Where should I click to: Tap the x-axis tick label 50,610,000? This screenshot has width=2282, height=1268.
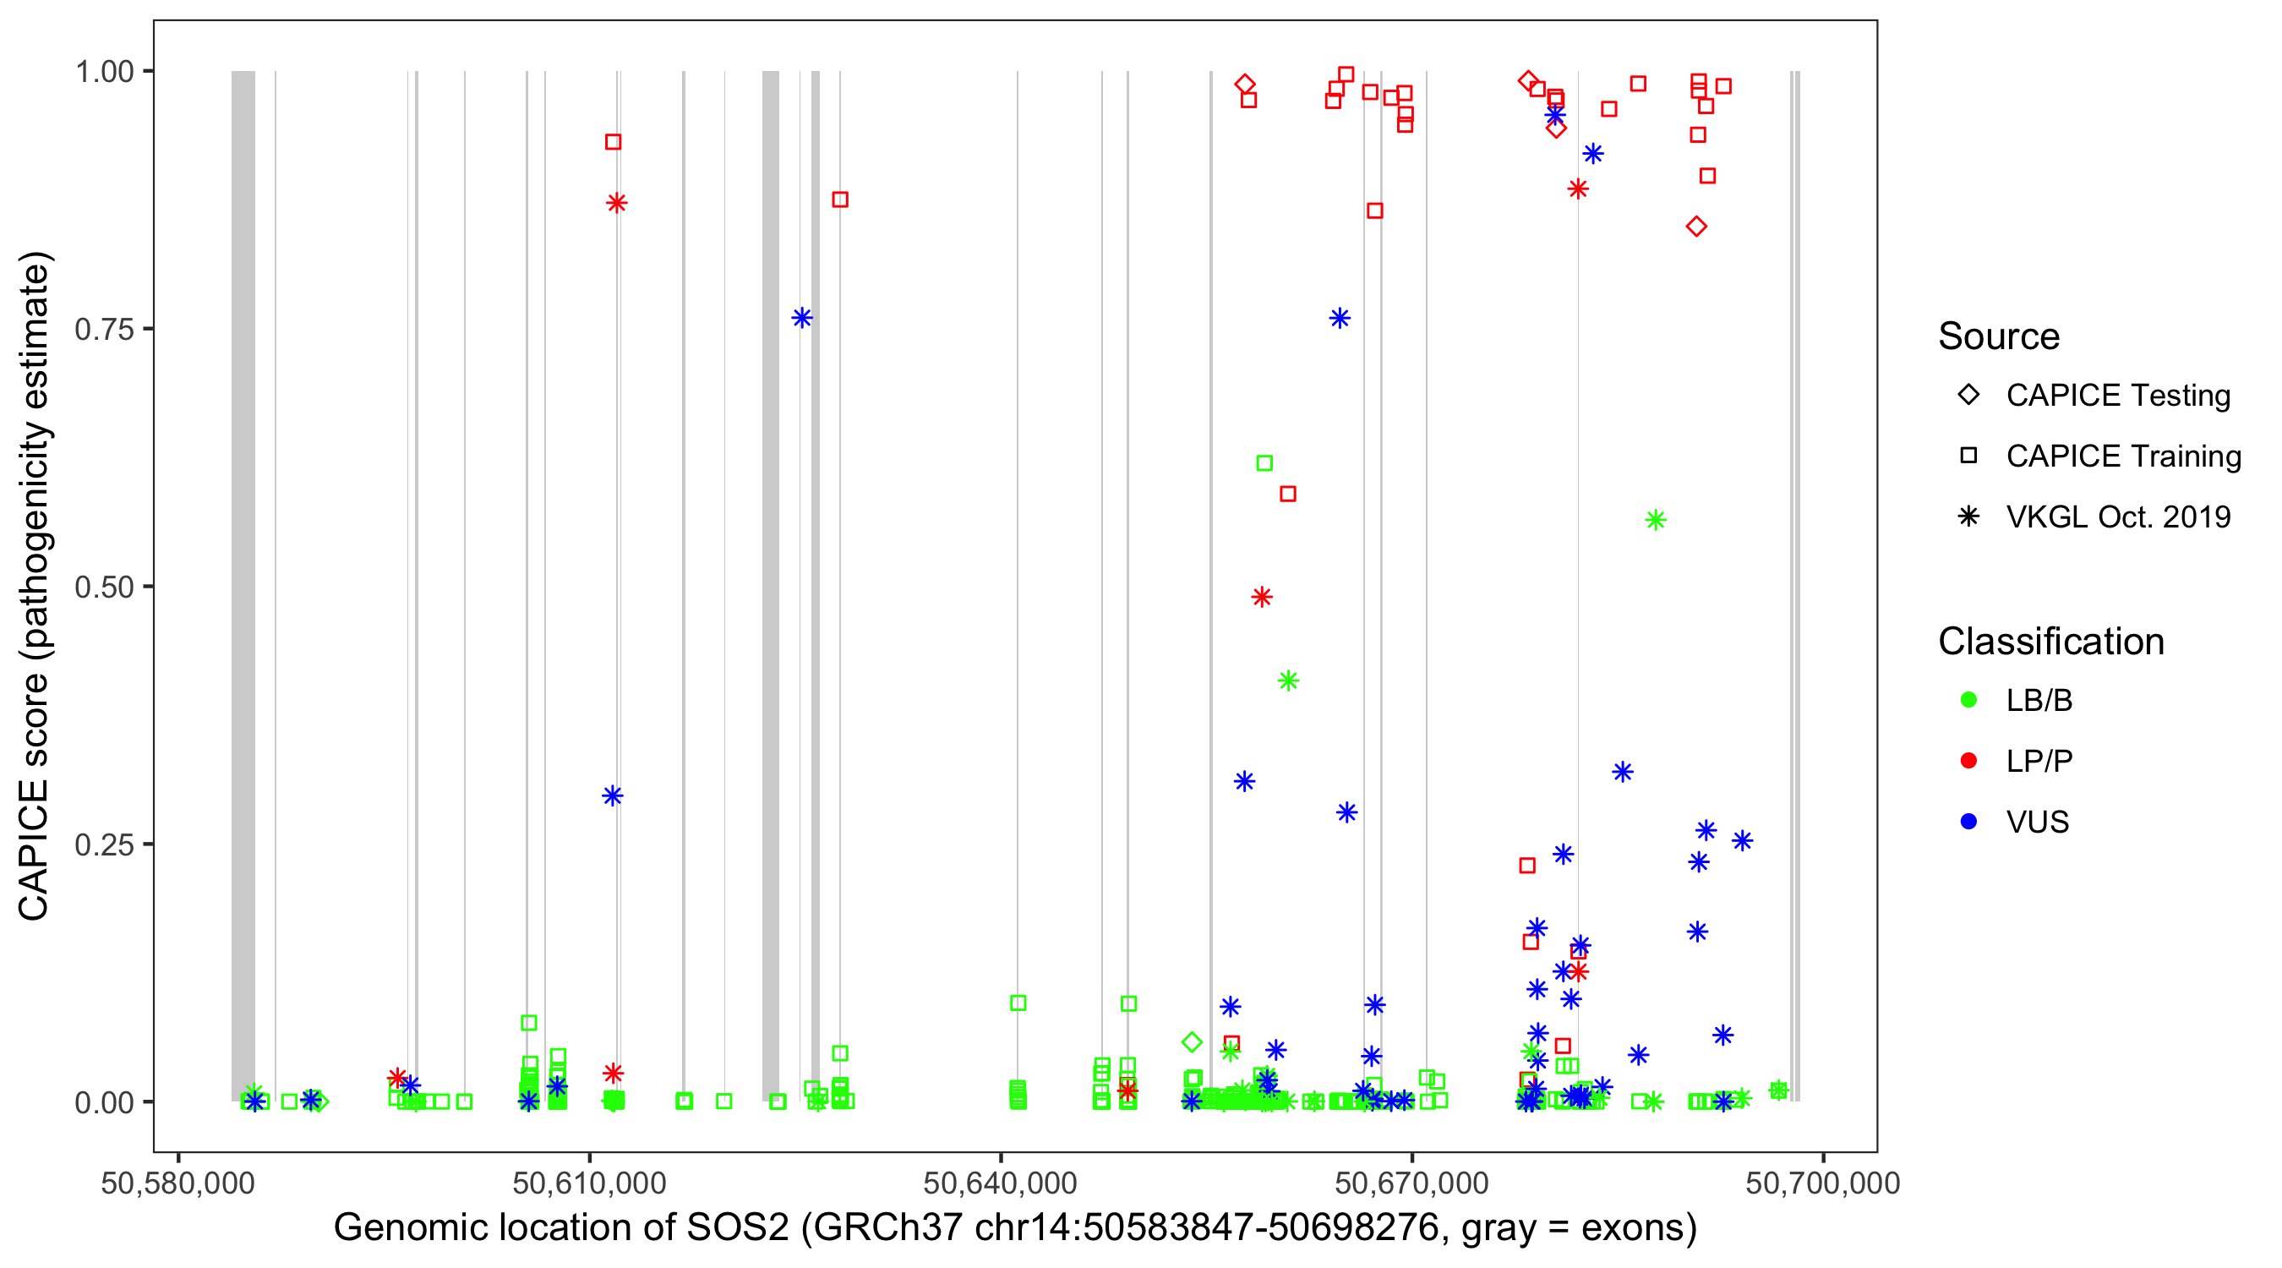pos(588,1183)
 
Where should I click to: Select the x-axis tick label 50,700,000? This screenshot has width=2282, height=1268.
pos(1821,1183)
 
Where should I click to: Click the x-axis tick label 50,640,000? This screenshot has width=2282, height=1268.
pos(999,1183)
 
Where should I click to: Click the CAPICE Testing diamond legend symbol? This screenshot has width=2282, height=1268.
pos(1968,396)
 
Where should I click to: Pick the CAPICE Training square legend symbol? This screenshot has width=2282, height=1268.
pos(1968,456)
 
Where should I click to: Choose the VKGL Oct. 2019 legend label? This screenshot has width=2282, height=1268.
pos(2118,516)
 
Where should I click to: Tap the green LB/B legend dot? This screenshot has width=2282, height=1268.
pos(1968,700)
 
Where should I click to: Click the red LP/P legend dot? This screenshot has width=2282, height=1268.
pos(1968,761)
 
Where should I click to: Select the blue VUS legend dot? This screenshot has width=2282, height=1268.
pos(1968,822)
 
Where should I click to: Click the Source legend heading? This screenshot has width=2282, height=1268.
pos(1999,336)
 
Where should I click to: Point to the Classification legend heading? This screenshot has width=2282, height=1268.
pos(2050,642)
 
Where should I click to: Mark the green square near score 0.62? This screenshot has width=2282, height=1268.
pos(1264,463)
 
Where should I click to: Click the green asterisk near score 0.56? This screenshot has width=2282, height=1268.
pos(1655,520)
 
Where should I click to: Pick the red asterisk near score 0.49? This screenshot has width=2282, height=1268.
pos(1262,597)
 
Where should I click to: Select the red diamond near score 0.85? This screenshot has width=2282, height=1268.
pos(1695,227)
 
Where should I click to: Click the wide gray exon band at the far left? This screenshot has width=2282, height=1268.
pos(243,585)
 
